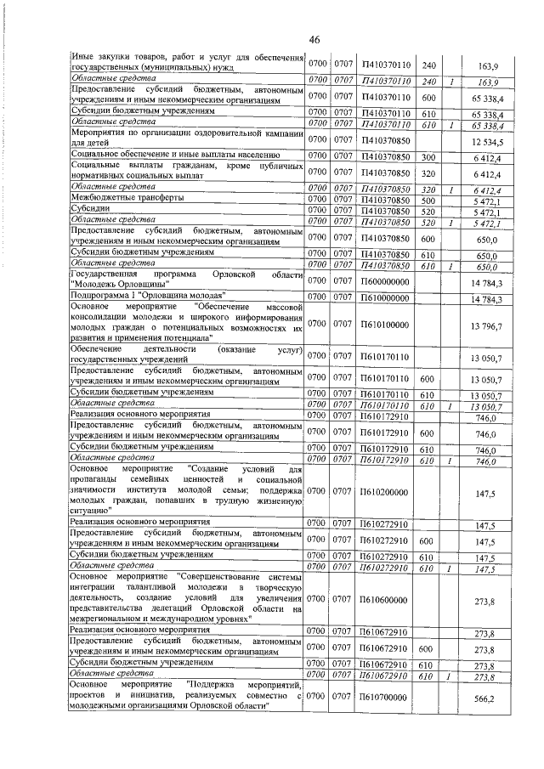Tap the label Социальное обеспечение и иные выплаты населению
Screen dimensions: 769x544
pos(174,155)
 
